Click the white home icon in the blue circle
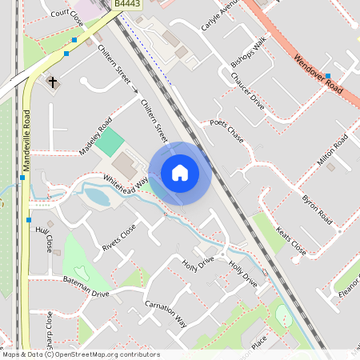click(x=180, y=173)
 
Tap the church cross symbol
click(x=53, y=82)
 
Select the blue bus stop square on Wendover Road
click(x=328, y=76)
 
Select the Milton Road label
click(x=332, y=150)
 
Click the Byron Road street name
click(x=317, y=207)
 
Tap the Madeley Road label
click(x=95, y=138)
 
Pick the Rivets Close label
click(x=119, y=238)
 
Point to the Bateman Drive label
click(x=86, y=286)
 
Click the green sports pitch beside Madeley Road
click(x=113, y=142)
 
